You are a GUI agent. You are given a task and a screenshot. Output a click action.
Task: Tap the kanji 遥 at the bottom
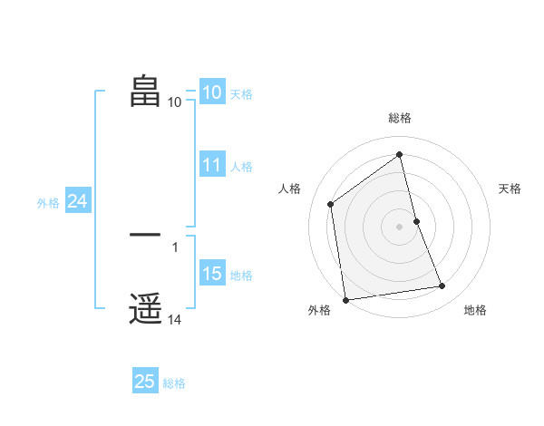tap(145, 309)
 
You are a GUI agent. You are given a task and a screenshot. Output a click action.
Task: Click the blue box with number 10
tap(211, 92)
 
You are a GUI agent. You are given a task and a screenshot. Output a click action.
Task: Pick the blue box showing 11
tap(212, 165)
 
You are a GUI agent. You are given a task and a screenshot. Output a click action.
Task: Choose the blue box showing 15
tap(212, 274)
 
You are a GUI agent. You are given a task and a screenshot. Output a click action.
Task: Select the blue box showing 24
tap(77, 201)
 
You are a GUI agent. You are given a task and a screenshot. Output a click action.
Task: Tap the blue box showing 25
tap(145, 382)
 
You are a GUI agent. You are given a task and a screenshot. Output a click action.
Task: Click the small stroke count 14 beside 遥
tap(175, 320)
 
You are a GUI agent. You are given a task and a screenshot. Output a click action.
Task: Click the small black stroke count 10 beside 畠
tap(175, 102)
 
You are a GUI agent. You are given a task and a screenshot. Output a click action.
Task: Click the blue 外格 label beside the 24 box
tap(48, 203)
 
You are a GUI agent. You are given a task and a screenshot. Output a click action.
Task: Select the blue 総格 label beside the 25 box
tap(174, 383)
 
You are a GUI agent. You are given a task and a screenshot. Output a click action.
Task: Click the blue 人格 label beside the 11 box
tap(241, 167)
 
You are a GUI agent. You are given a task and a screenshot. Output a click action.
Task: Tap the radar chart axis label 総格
tap(400, 118)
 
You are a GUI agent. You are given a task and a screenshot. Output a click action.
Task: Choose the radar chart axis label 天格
tap(510, 189)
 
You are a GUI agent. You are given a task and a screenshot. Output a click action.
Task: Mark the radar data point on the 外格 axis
tap(345, 299)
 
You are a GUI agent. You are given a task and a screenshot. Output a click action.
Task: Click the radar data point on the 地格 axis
tap(442, 286)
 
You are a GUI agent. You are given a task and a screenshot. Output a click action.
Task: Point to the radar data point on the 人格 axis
tap(331, 204)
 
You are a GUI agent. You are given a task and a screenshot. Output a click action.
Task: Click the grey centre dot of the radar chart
tap(400, 226)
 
